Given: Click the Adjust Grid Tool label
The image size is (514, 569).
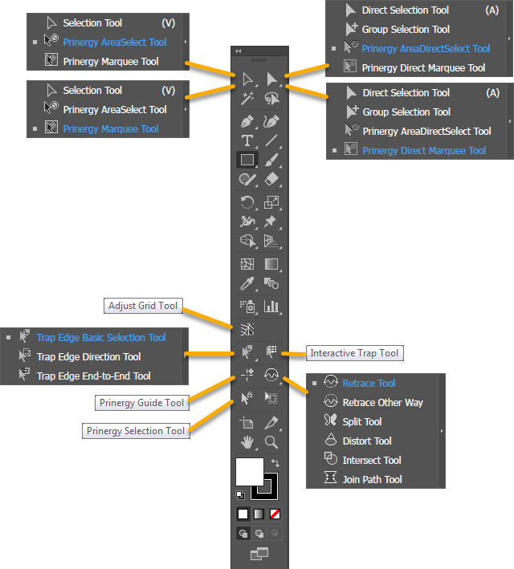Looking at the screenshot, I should pyautogui.click(x=143, y=306).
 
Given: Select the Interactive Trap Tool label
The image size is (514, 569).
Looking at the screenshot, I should pyautogui.click(x=354, y=353).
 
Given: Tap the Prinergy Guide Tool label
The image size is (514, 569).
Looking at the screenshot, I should pyautogui.click(x=141, y=402).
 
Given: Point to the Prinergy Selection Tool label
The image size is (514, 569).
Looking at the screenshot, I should pyautogui.click(x=136, y=431).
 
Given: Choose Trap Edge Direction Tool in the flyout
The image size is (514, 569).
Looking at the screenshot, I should pyautogui.click(x=88, y=357).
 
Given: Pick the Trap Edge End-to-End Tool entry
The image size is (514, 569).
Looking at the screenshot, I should pyautogui.click(x=93, y=376).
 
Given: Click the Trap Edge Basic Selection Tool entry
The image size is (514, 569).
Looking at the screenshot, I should pyautogui.click(x=100, y=338).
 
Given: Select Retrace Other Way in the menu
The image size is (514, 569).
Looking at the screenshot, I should pyautogui.click(x=382, y=403).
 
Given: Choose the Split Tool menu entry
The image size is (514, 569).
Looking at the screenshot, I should pyautogui.click(x=361, y=422).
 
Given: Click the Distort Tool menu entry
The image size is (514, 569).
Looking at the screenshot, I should pyautogui.click(x=366, y=441).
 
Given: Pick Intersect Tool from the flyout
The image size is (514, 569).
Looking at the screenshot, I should pyautogui.click(x=371, y=461).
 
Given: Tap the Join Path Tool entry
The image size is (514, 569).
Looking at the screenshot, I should pyautogui.click(x=372, y=480).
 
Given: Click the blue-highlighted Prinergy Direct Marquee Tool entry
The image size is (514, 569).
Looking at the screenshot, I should pyautogui.click(x=423, y=151).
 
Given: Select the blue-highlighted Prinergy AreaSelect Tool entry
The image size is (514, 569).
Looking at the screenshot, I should pyautogui.click(x=114, y=43).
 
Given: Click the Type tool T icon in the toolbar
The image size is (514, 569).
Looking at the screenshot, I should pyautogui.click(x=247, y=140).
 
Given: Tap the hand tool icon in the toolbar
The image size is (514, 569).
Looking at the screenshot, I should pyautogui.click(x=247, y=441).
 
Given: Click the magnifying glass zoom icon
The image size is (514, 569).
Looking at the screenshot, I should pyautogui.click(x=271, y=441).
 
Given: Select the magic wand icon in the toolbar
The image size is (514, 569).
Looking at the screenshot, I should pyautogui.click(x=247, y=98).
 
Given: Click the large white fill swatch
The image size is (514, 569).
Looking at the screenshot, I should pyautogui.click(x=249, y=472).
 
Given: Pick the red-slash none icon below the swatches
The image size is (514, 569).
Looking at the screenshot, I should pyautogui.click(x=275, y=514).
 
